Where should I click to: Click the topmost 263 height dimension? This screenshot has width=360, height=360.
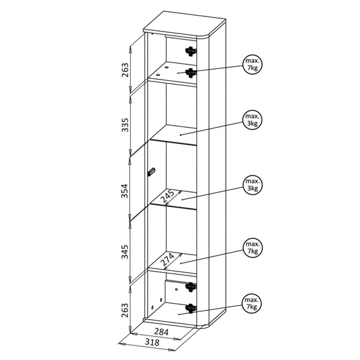pos(125,70)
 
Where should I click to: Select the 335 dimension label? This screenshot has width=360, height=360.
pos(125,125)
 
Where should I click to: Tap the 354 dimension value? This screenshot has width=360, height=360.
pos(124,190)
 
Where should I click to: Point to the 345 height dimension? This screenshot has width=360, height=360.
pos(124,251)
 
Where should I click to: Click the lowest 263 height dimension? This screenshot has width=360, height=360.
pos(125,310)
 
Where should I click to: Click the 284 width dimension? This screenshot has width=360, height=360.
pos(161,332)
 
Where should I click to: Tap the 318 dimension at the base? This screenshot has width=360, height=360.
pos(152,342)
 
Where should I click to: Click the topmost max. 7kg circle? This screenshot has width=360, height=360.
pos(253,64)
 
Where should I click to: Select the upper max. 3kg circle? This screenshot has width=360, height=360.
pos(253,119)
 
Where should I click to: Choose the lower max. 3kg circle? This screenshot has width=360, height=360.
pos(253,184)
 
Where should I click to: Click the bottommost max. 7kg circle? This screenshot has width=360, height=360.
pos(251,304)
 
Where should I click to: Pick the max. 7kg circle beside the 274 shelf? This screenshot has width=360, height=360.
pos(253,248)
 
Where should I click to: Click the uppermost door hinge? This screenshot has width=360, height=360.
pos(191,51)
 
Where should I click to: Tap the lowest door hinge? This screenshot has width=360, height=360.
pos(191,308)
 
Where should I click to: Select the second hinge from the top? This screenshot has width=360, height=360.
pos(191,73)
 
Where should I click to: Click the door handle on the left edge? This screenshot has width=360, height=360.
pos(151,172)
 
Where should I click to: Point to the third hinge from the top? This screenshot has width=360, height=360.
pos(191,287)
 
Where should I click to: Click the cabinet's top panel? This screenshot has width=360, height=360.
pos(184,24)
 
